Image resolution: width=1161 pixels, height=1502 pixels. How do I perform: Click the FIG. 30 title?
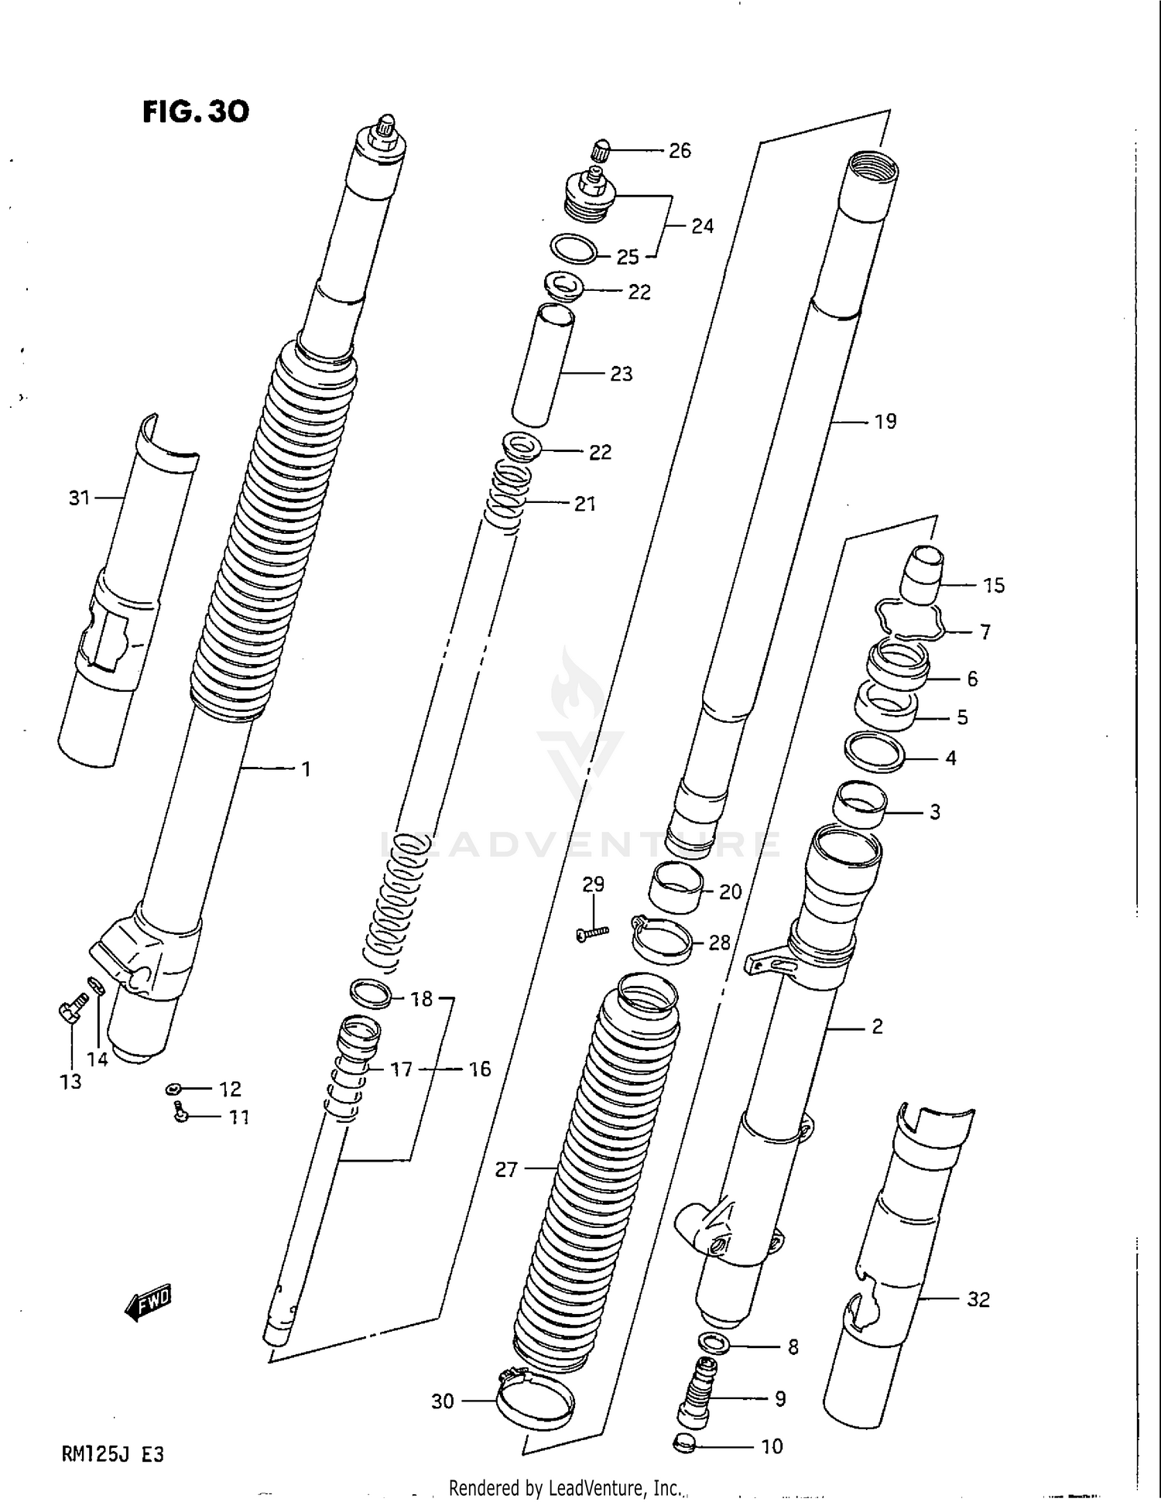pyautogui.click(x=196, y=113)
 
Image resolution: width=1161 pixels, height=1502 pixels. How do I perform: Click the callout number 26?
pyautogui.click(x=680, y=151)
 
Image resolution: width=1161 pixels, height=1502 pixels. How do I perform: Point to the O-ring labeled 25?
pyautogui.click(x=574, y=248)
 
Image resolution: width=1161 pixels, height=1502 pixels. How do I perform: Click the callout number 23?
pyautogui.click(x=622, y=374)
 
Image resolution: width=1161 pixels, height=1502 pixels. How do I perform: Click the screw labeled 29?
pyautogui.click(x=593, y=933)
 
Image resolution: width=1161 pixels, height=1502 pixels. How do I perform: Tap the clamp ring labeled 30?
pyautogui.click(x=535, y=1403)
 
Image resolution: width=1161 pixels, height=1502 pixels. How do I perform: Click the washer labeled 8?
pyautogui.click(x=713, y=1342)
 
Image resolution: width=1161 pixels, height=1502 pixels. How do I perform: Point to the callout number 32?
pyautogui.click(x=978, y=1299)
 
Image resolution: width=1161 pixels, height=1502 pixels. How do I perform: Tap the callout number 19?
pyautogui.click(x=885, y=422)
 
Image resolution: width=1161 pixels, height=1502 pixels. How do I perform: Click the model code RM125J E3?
pyautogui.click(x=112, y=1454)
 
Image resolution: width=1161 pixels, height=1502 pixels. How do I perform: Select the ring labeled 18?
pyautogui.click(x=370, y=993)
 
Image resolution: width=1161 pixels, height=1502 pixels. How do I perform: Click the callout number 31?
pyautogui.click(x=80, y=498)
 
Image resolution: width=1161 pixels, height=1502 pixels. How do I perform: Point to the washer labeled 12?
pyautogui.click(x=173, y=1089)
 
